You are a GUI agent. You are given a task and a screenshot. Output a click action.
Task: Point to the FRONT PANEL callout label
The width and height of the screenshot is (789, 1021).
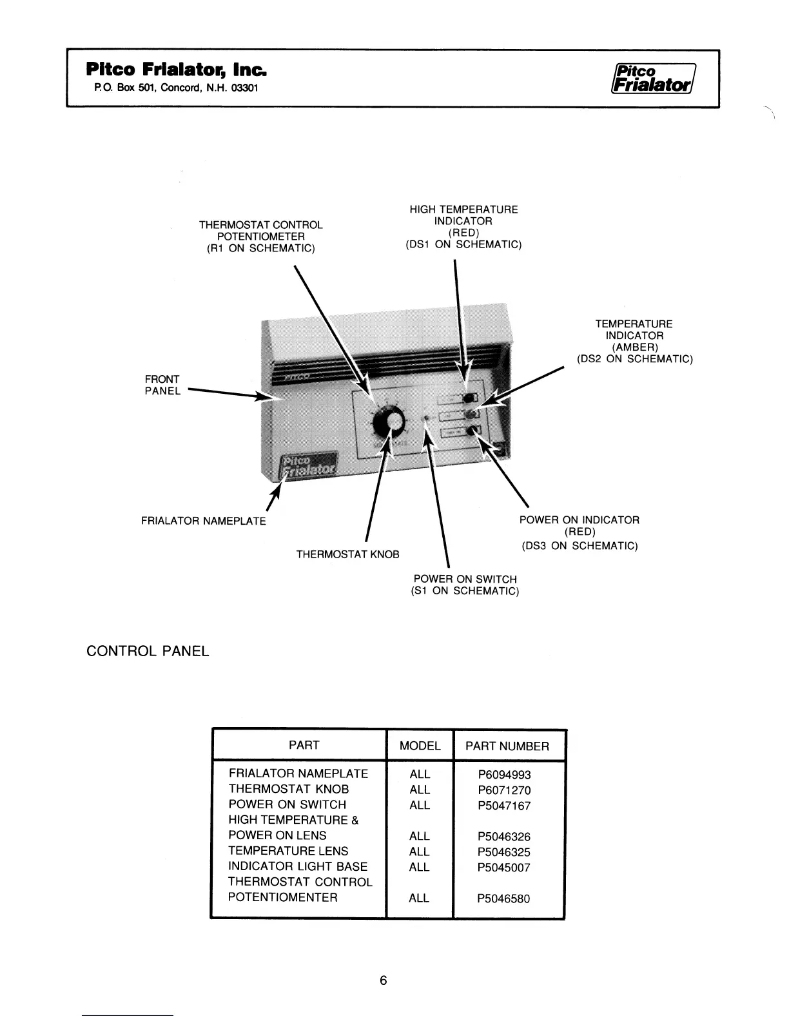pyautogui.click(x=162, y=385)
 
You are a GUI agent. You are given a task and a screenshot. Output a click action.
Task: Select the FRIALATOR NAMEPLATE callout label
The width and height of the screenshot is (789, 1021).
pyautogui.click(x=203, y=521)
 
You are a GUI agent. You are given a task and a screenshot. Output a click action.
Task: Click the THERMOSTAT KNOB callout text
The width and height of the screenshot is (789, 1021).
pyautogui.click(x=347, y=554)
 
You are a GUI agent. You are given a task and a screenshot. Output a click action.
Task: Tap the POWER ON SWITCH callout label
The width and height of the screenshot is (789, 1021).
pyautogui.click(x=465, y=579)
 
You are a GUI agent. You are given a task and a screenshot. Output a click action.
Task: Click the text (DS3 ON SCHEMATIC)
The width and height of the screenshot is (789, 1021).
pyautogui.click(x=580, y=546)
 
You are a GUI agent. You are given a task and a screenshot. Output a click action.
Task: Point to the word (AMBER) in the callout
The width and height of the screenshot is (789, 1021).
pyautogui.click(x=634, y=347)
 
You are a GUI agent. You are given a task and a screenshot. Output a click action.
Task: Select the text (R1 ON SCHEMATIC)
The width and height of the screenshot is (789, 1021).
pyautogui.click(x=260, y=248)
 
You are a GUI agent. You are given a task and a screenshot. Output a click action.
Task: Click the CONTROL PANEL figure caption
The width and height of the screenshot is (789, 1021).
pyautogui.click(x=148, y=651)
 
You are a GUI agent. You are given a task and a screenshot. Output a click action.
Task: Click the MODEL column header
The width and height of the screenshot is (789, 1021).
pyautogui.click(x=420, y=746)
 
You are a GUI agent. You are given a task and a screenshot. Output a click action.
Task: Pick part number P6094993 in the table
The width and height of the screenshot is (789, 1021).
pyautogui.click(x=504, y=775)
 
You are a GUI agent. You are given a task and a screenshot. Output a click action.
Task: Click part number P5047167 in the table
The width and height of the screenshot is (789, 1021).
pyautogui.click(x=504, y=806)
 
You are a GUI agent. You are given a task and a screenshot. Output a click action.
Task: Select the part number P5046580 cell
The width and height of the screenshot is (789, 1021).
pyautogui.click(x=504, y=899)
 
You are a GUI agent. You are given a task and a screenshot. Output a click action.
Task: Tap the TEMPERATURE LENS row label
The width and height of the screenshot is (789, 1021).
pyautogui.click(x=288, y=851)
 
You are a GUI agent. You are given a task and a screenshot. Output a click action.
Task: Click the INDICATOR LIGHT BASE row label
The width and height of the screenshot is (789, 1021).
pyautogui.click(x=298, y=866)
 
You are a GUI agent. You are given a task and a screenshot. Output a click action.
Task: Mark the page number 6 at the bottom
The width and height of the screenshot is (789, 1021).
pyautogui.click(x=384, y=980)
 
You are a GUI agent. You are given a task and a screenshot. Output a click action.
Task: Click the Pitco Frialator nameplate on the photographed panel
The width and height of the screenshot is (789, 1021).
pyautogui.click(x=309, y=466)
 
